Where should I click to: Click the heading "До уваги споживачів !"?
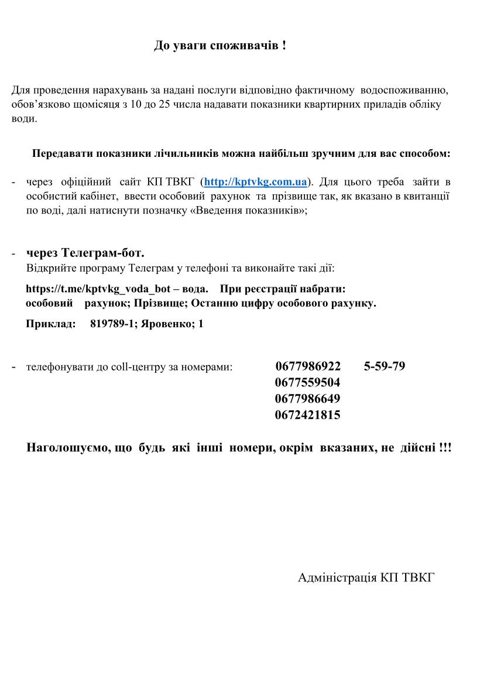point(220,46)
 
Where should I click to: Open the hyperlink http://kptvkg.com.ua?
point(255,181)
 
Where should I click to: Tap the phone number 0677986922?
point(307,366)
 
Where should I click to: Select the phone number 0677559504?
point(307,383)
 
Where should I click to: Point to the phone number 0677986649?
point(307,399)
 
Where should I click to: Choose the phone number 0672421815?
point(307,416)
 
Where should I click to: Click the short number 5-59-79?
point(385,366)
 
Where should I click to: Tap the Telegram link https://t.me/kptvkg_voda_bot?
point(98,290)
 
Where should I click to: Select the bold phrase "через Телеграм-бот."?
point(85,253)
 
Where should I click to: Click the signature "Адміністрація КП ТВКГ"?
point(366,578)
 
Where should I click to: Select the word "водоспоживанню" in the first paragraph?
point(404,91)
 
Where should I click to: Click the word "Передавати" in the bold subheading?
point(61,155)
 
